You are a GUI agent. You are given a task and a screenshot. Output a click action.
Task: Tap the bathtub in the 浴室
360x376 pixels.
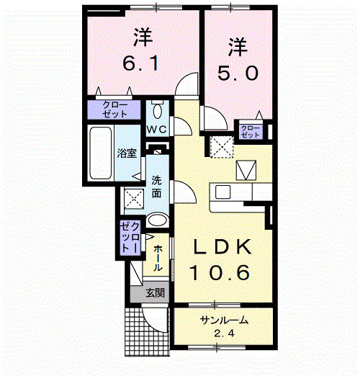pos(99,154)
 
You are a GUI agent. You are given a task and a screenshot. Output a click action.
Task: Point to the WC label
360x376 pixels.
pos(157,129)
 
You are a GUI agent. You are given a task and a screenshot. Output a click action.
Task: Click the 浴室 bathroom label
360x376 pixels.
pos(127,153)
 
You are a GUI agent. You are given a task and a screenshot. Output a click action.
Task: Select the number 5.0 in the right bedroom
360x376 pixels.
pos(238,73)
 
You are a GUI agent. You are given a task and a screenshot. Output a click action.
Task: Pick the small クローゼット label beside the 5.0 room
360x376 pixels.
pos(251,130)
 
